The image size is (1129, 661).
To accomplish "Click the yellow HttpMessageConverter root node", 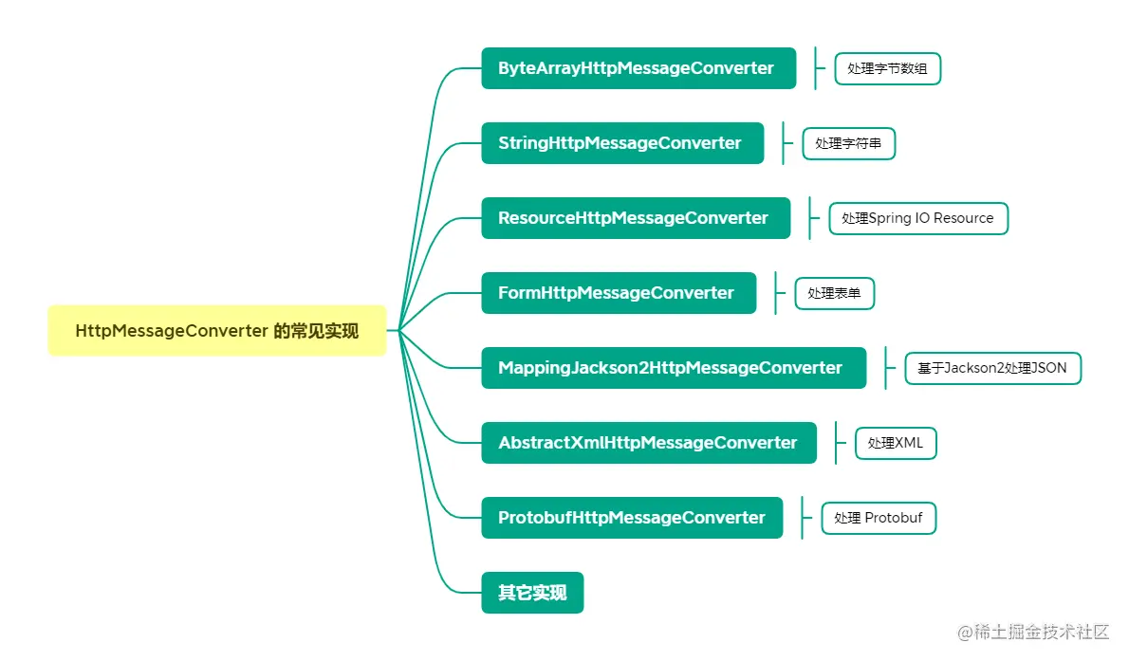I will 217,331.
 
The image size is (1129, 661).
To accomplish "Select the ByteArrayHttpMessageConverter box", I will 638,68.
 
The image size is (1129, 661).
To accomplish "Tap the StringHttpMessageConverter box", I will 621,143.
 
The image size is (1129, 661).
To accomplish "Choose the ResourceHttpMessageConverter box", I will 635,218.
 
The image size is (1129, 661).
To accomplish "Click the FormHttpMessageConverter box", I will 618,293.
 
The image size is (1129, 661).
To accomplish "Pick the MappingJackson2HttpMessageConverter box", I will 673,368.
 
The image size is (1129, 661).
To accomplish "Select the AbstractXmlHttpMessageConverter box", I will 648,443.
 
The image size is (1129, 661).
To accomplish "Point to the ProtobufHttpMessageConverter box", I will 632,518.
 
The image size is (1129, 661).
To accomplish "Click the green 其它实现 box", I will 532,593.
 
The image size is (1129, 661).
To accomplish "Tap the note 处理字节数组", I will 887,69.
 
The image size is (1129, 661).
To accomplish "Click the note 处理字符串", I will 848,144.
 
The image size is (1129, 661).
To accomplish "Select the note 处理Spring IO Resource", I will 917,218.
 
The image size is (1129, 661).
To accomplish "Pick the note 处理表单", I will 834,294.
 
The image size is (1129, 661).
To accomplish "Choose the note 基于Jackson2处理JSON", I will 991,368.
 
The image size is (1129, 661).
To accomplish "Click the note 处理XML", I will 896,443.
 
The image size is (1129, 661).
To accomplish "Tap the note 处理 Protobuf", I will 878,518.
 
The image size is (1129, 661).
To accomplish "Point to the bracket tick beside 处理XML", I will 836,443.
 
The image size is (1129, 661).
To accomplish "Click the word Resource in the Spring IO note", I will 963,218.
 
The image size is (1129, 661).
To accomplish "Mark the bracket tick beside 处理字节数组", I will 815,68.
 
